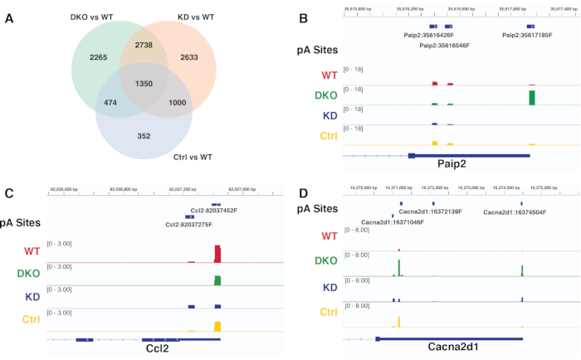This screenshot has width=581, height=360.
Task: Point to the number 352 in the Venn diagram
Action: pyautogui.click(x=144, y=136)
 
